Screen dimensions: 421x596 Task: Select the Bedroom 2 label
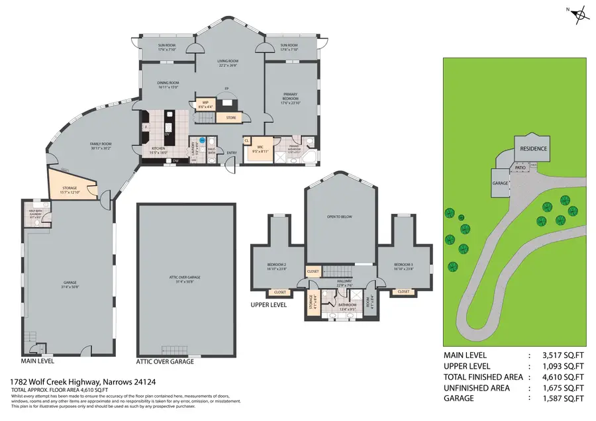[276, 265]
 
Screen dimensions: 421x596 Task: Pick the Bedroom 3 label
[403, 265]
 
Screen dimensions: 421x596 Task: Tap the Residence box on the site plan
[532, 148]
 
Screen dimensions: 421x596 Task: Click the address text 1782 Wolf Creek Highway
[54, 382]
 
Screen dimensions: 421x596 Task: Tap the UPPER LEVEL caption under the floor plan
[269, 306]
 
